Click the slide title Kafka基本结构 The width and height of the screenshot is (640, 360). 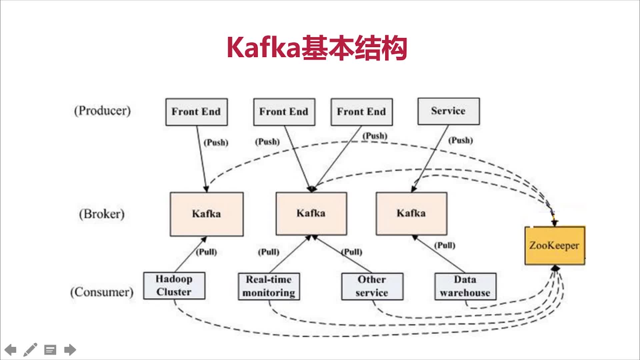[x=317, y=48]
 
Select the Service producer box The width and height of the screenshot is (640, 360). [x=449, y=111]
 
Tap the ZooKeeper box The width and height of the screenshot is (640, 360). [x=555, y=246]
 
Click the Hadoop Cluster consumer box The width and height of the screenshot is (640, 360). [x=174, y=286]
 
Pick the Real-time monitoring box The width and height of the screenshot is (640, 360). [x=269, y=286]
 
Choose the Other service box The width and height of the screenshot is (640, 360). [x=372, y=286]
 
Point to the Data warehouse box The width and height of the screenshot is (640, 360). [x=465, y=286]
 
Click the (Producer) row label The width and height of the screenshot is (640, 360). [x=102, y=111]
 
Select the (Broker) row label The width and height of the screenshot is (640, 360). [x=102, y=214]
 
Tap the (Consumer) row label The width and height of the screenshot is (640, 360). [x=102, y=292]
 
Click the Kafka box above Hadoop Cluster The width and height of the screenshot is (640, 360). [x=207, y=214]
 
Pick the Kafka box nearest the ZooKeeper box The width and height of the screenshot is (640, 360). [x=411, y=213]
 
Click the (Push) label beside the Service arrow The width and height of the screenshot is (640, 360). [x=460, y=140]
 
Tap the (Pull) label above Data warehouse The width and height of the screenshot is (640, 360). [x=445, y=246]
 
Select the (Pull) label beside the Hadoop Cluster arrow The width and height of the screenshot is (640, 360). [x=206, y=252]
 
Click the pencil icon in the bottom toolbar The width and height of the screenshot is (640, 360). [x=30, y=350]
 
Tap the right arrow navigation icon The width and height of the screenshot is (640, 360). [x=70, y=350]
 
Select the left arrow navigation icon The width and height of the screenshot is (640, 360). [x=11, y=350]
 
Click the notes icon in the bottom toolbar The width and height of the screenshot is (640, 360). [x=50, y=350]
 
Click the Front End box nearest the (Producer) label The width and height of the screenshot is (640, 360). [x=197, y=112]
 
